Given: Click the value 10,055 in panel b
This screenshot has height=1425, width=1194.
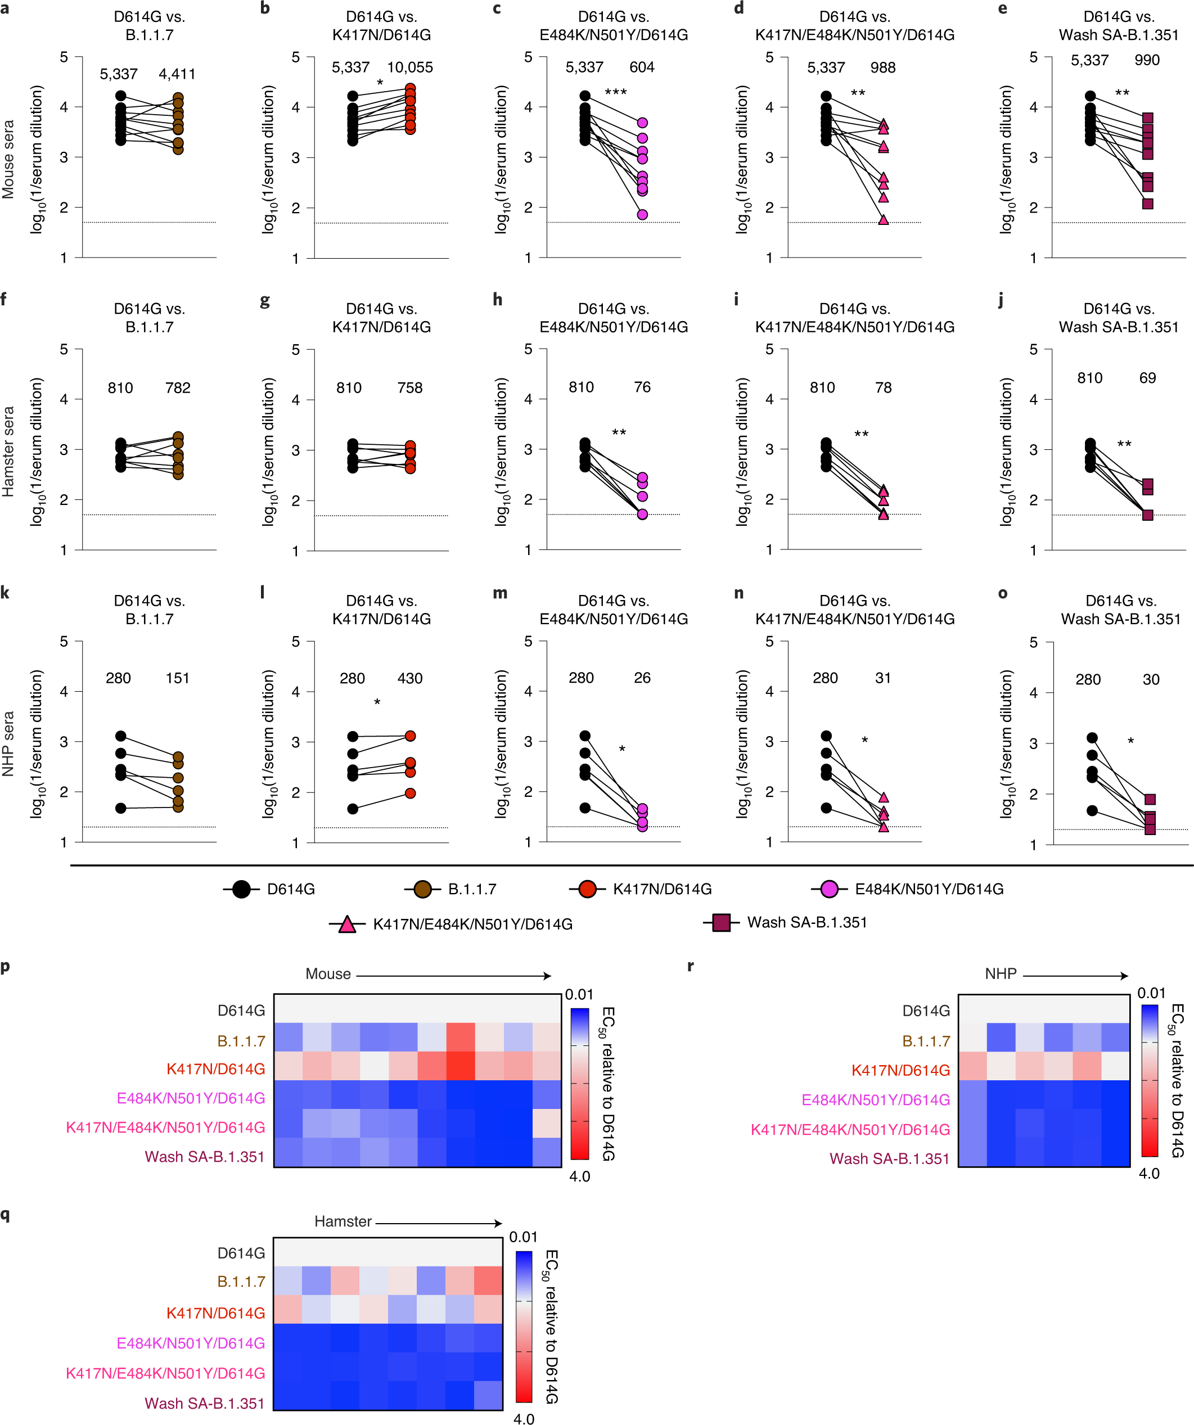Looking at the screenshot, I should [409, 67].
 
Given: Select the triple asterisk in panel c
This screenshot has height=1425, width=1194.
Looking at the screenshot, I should [616, 92].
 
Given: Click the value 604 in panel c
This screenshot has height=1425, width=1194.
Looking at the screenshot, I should [642, 67].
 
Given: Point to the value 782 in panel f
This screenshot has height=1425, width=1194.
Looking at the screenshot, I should [178, 387].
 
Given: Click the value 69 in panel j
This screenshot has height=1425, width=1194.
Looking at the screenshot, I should [1147, 378].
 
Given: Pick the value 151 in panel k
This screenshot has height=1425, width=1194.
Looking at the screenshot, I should [177, 678].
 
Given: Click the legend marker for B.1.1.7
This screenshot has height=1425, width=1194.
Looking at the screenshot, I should [422, 889].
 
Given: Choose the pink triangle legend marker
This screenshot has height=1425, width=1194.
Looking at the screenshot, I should [347, 924].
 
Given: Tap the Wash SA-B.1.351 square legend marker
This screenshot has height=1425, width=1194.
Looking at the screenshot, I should [721, 922].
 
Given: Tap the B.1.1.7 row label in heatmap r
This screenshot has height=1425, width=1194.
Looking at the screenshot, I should [926, 1040].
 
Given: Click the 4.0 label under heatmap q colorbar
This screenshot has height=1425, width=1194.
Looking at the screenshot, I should [524, 1418].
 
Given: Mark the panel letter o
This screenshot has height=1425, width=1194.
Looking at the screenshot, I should [1003, 594].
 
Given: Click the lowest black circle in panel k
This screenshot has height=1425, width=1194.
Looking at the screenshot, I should [121, 808].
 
